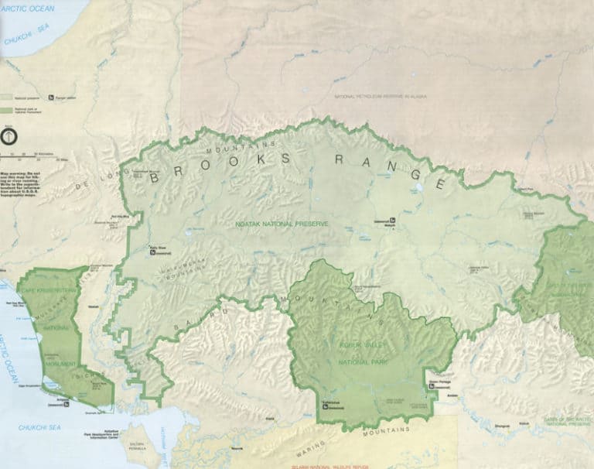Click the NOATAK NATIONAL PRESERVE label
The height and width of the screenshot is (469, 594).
(282, 224)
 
